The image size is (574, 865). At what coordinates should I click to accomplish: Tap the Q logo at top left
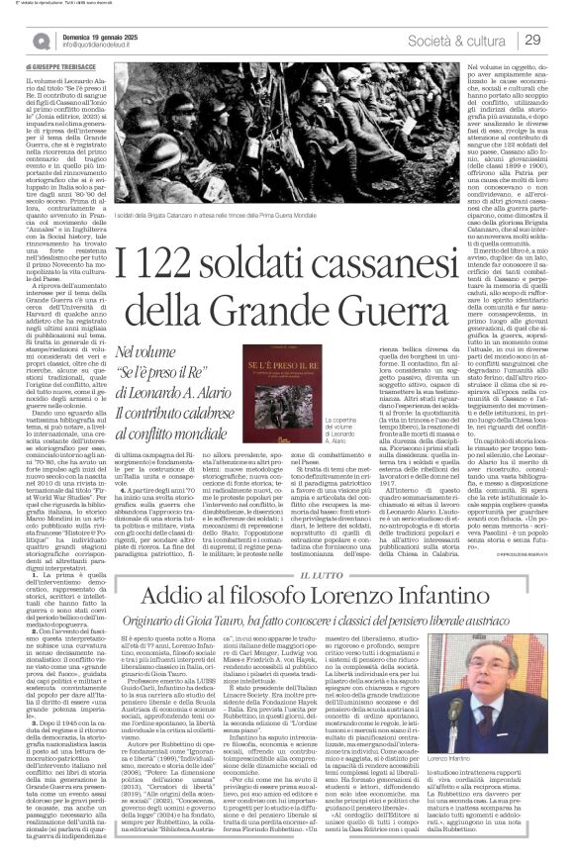click(41, 40)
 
